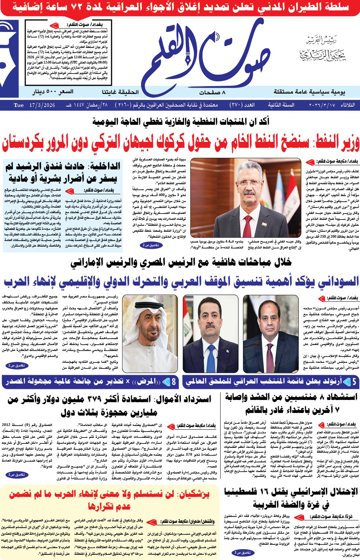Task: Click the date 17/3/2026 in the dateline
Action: pyautogui.click(x=41, y=105)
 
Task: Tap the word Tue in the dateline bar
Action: pyautogui.click(x=19, y=105)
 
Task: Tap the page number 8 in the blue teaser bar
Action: pyautogui.click(x=173, y=381)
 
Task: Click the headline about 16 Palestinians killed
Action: pyautogui.click(x=291, y=498)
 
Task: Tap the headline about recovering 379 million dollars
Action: pyautogui.click(x=109, y=405)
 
